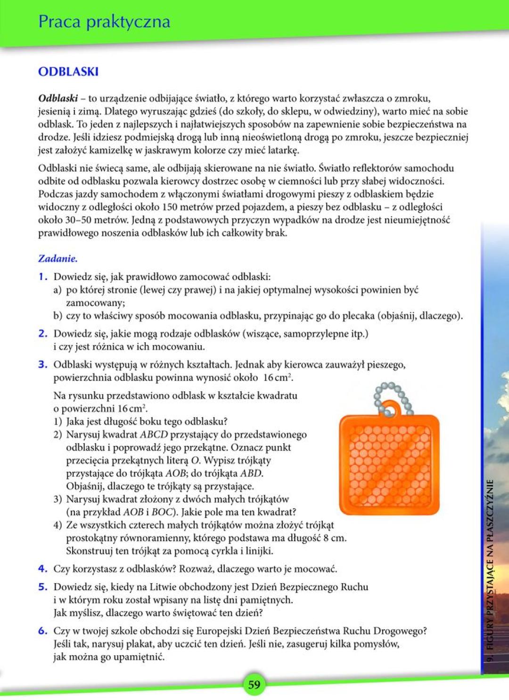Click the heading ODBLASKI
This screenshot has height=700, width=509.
68,72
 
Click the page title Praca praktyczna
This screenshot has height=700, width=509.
104,22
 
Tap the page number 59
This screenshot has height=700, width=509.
254,684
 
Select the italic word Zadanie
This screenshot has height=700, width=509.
57,258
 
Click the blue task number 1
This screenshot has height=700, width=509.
43,277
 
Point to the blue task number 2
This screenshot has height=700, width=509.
43,334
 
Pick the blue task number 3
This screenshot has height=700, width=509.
43,364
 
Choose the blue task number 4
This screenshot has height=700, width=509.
43,569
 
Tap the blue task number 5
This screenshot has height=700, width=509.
43,587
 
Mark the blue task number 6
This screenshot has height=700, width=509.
43,631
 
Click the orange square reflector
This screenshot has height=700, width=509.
389,464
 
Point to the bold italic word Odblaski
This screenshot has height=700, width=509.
58,99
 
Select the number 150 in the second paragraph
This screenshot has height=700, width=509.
170,207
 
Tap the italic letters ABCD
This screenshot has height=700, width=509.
154,435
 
